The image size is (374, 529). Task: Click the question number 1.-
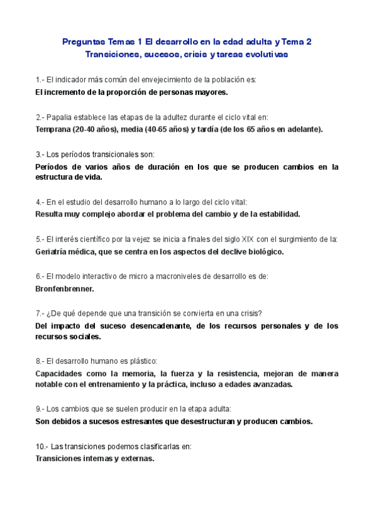coord(40,80)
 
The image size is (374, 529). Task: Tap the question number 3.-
coord(40,154)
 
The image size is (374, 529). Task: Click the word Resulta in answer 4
coord(49,214)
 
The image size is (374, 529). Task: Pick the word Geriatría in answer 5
coord(54,251)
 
